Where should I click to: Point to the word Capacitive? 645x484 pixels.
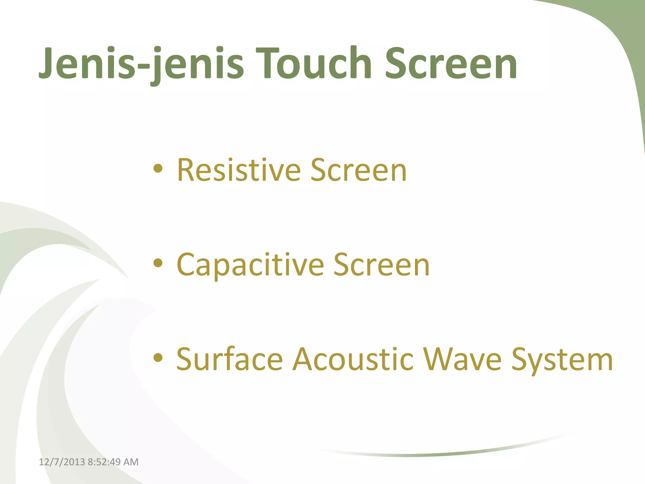[x=250, y=265]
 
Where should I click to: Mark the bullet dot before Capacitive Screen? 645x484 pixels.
[x=158, y=263]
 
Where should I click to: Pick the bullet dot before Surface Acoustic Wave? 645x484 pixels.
[x=158, y=358]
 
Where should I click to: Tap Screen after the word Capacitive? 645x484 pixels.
[x=381, y=265]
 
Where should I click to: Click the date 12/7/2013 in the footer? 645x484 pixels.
[x=62, y=462]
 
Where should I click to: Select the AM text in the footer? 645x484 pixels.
[x=131, y=462]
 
